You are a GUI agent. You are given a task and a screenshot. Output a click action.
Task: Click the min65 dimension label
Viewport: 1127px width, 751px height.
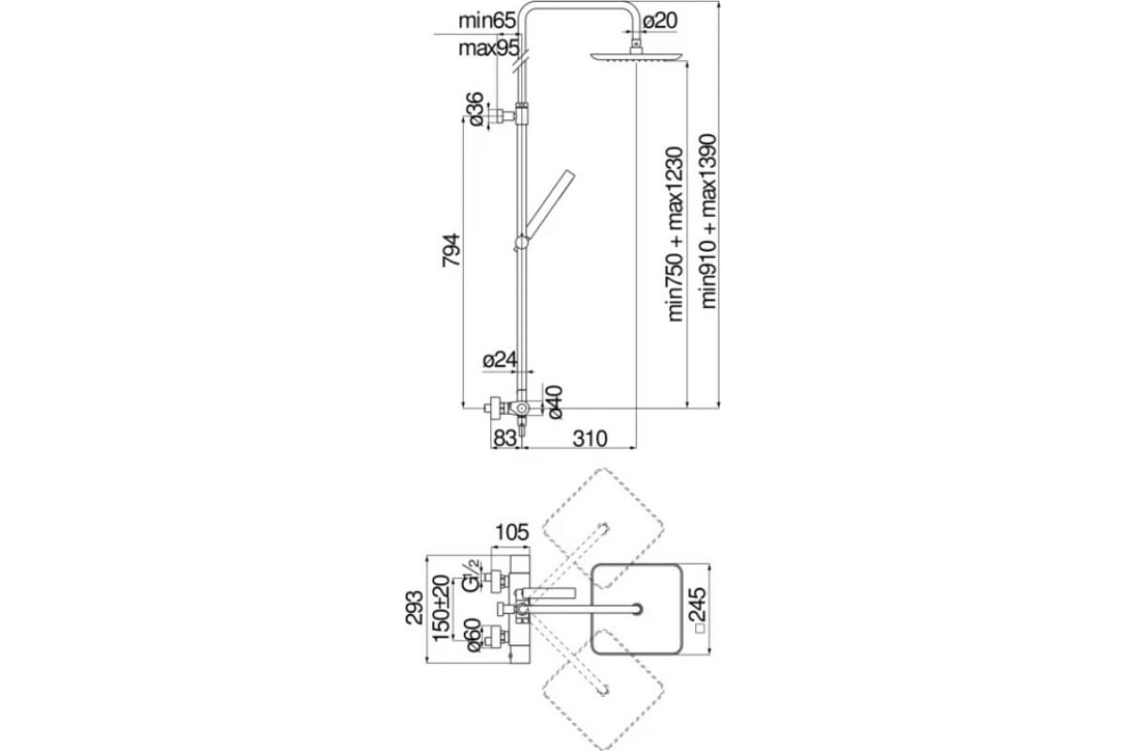click(x=487, y=22)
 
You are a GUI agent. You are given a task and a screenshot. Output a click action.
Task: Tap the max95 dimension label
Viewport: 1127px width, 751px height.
click(x=488, y=49)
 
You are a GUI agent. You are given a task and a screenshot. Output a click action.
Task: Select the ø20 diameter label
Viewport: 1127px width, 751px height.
click(x=660, y=22)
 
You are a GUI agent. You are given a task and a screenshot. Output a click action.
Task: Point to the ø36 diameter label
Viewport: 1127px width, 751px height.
click(x=475, y=109)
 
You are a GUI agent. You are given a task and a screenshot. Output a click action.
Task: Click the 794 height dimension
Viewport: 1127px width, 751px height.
click(x=451, y=250)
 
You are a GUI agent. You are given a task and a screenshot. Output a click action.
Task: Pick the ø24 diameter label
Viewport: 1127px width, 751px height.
click(x=500, y=360)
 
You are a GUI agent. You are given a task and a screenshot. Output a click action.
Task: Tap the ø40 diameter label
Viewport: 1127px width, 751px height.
click(x=554, y=402)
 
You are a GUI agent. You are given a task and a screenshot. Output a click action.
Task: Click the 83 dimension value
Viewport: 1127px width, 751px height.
click(x=504, y=438)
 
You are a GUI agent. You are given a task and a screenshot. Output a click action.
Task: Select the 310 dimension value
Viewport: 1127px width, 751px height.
click(x=590, y=438)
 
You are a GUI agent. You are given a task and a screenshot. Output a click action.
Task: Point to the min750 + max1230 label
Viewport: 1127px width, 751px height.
click(x=675, y=235)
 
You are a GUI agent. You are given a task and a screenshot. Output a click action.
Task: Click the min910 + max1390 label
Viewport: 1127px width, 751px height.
click(x=708, y=222)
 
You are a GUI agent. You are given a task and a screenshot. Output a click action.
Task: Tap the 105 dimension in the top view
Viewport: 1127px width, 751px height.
click(x=512, y=532)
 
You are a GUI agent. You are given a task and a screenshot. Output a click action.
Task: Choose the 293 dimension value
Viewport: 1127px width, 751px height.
click(x=414, y=607)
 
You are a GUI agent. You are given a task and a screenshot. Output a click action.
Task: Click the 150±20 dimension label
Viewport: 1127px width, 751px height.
click(x=441, y=608)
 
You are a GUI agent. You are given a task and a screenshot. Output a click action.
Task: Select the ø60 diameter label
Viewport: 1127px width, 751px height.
click(x=473, y=636)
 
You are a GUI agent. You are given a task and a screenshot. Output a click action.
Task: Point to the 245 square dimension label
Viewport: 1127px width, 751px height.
click(x=700, y=610)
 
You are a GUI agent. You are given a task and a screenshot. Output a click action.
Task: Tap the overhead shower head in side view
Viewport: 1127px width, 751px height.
click(x=637, y=56)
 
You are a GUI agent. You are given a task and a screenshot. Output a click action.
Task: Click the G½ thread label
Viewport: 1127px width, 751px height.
click(x=473, y=575)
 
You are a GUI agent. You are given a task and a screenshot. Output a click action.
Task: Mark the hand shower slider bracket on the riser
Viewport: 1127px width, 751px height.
click(x=520, y=243)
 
